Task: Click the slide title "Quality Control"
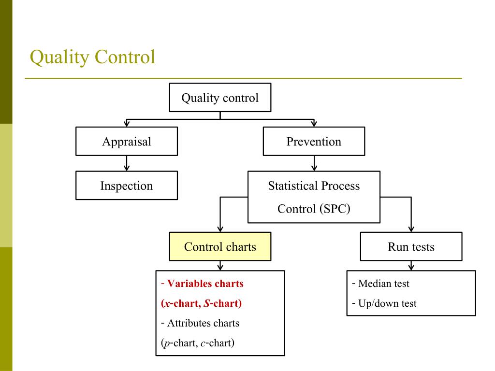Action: pyautogui.click(x=92, y=57)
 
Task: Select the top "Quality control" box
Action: pyautogui.click(x=220, y=98)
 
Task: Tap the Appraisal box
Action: pyautogui.click(x=127, y=142)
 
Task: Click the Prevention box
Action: pyautogui.click(x=314, y=142)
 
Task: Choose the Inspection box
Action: pyautogui.click(x=127, y=185)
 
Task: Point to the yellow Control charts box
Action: pyautogui.click(x=220, y=247)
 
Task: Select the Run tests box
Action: pyautogui.click(x=411, y=247)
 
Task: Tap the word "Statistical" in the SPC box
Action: pyautogui.click(x=291, y=186)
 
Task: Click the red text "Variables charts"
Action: pyautogui.click(x=205, y=284)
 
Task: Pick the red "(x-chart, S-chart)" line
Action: pyautogui.click(x=201, y=304)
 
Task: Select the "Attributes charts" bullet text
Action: pyautogui.click(x=203, y=323)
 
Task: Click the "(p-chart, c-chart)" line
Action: pyautogui.click(x=197, y=343)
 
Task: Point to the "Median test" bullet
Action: pyautogui.click(x=383, y=284)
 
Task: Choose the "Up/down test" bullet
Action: pyautogui.click(x=387, y=304)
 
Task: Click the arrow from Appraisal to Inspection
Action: pyautogui.click(x=127, y=163)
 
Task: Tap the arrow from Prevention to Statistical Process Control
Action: pyautogui.click(x=314, y=163)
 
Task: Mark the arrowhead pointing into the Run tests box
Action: pyautogui.click(x=411, y=229)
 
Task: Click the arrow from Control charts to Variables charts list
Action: pyautogui.click(x=220, y=265)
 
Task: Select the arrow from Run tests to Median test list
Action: pyautogui.click(x=411, y=265)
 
